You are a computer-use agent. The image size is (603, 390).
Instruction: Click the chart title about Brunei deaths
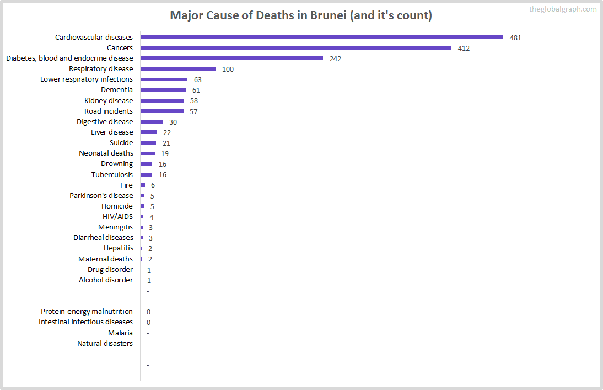coord(301,15)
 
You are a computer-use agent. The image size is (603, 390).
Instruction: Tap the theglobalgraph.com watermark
coord(562,9)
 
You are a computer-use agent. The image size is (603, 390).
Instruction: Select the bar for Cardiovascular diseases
coord(322,38)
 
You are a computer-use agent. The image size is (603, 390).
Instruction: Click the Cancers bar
coord(296,48)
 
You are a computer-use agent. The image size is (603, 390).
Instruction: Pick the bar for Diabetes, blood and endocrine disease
coord(231,58)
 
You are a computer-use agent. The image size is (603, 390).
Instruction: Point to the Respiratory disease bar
coord(178,69)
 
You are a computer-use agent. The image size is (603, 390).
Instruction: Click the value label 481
coord(515,38)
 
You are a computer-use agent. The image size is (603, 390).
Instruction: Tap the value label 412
coord(464,49)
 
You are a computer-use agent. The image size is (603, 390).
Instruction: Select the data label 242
coord(335,59)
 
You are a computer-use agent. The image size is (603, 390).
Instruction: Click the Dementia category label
coord(117,90)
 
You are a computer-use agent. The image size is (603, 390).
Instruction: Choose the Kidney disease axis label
coord(109,100)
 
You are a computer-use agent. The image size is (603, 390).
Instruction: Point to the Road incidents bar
coord(162,111)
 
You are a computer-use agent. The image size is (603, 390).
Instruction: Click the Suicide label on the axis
coord(121,143)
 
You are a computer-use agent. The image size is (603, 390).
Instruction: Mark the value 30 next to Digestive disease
coord(173,122)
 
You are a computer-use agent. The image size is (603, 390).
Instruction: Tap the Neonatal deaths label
coord(106,153)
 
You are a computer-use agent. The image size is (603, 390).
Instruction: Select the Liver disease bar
coord(149,132)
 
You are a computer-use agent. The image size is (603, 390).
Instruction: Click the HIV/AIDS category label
coord(117,216)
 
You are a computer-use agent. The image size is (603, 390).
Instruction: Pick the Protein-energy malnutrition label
coord(87,312)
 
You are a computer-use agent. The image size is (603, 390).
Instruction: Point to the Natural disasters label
coord(105,344)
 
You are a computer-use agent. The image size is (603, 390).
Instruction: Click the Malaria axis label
coord(120,333)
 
